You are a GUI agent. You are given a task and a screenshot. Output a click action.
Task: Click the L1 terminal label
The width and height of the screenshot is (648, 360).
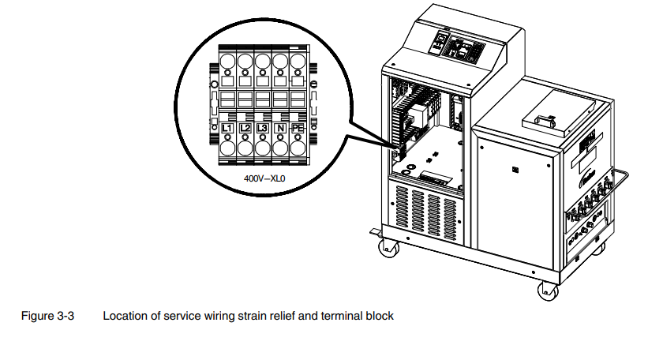click(x=227, y=127)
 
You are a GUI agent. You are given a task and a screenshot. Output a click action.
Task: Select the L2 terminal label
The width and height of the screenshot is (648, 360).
click(x=245, y=127)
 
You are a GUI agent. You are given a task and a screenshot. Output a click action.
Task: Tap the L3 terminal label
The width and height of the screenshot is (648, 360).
click(x=263, y=127)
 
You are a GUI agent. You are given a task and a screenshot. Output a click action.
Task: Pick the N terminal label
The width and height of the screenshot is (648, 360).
click(x=280, y=127)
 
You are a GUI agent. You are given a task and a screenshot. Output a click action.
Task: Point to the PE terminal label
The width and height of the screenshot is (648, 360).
click(x=298, y=127)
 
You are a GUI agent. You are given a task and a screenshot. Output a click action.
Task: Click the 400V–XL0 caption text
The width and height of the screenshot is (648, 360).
click(x=263, y=178)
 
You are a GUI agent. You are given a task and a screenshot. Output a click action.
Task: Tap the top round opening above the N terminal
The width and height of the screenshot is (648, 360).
click(x=280, y=61)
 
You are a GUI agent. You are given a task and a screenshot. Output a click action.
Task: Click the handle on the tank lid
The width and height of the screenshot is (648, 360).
click(x=545, y=120)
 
